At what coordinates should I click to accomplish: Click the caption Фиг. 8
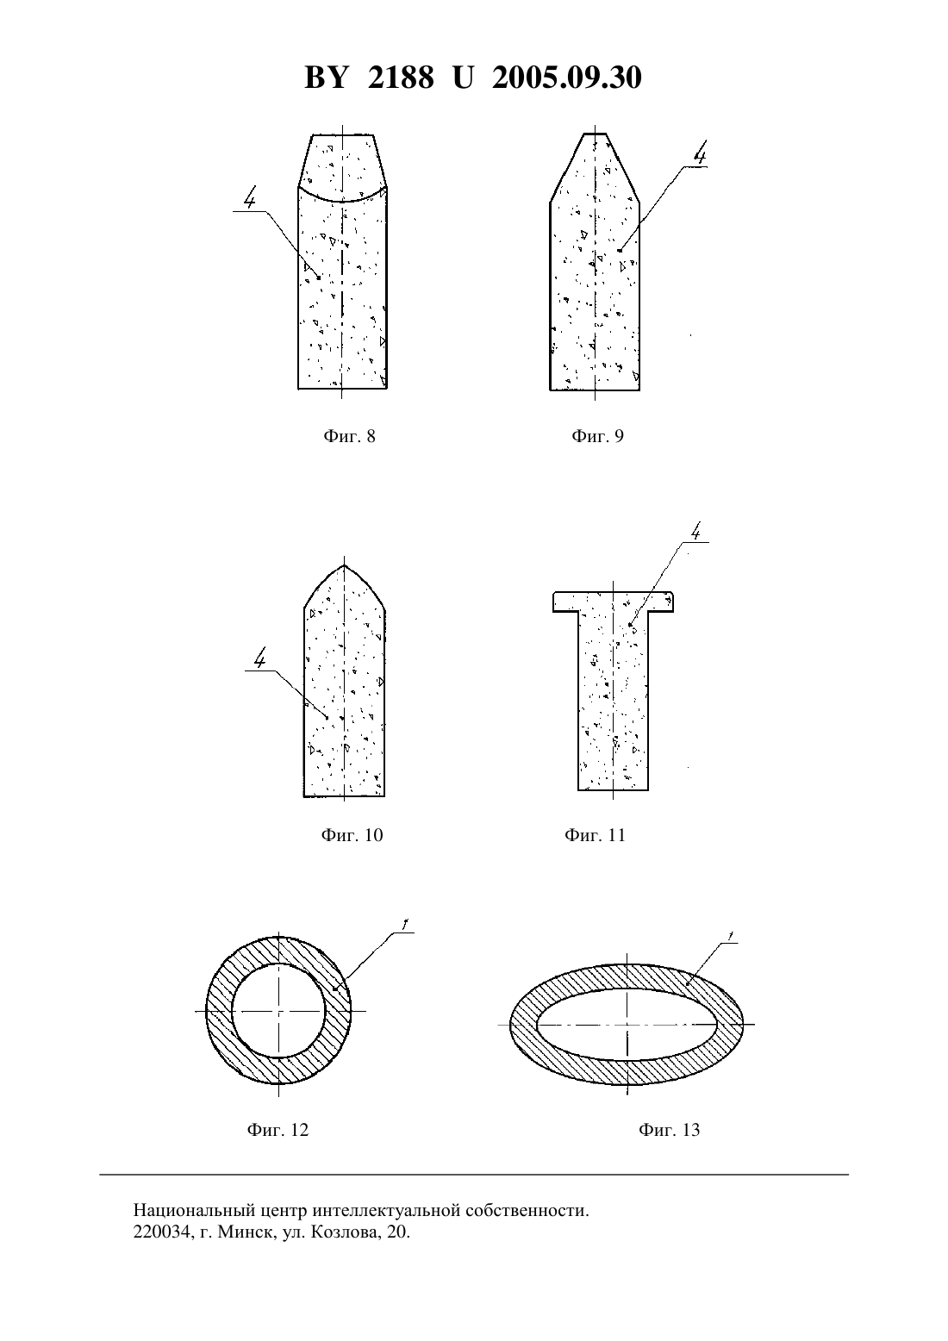[349, 436]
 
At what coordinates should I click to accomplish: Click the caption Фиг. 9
[597, 436]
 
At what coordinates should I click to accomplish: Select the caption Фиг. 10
[352, 834]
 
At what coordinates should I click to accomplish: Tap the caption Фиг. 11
[595, 834]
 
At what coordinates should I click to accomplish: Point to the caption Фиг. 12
[278, 1130]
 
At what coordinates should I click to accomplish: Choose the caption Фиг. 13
[669, 1130]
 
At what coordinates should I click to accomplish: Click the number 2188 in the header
[401, 78]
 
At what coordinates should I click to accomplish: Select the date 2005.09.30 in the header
[567, 78]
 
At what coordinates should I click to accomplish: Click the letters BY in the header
[326, 78]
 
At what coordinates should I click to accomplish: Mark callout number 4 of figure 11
[695, 531]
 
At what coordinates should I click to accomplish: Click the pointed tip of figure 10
[344, 564]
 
